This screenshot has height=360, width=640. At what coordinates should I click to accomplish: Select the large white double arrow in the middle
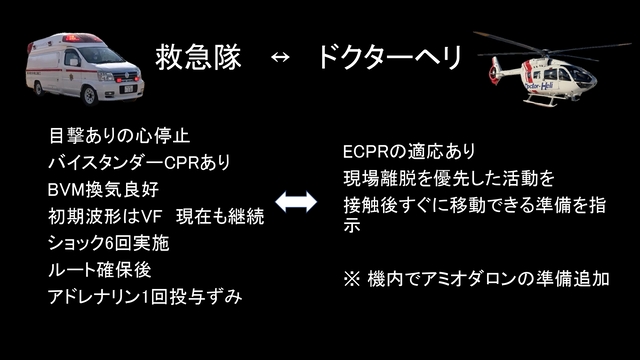click(x=296, y=202)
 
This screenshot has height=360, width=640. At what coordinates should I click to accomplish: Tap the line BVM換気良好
click(x=109, y=189)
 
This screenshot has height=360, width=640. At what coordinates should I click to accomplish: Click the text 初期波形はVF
click(x=106, y=216)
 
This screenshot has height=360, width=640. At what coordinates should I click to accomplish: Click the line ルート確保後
click(x=98, y=270)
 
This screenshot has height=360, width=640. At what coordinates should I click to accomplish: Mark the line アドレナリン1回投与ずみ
click(x=145, y=297)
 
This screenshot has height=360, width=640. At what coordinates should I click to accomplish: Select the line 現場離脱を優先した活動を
click(x=448, y=178)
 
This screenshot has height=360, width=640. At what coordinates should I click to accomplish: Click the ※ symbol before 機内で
click(x=350, y=277)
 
